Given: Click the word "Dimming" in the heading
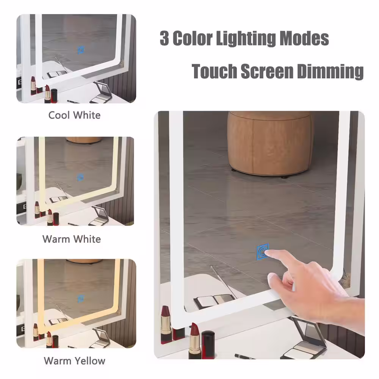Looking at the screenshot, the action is (x=330, y=71).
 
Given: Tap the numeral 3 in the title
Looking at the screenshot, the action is (x=164, y=38).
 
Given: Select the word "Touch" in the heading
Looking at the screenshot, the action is (x=215, y=71).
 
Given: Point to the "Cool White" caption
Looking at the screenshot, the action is (x=74, y=115).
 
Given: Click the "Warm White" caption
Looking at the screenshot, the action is (x=72, y=239).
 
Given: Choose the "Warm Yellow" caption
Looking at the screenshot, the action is (x=74, y=361).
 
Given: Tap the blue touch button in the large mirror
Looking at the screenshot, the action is (x=263, y=252).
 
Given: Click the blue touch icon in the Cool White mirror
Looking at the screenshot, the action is (x=81, y=50).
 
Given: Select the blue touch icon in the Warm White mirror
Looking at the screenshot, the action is (x=81, y=177).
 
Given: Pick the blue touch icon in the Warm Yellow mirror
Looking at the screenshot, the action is (x=81, y=299).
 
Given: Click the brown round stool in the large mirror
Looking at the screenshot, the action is (x=269, y=143).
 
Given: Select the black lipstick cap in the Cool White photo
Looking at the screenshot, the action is (x=54, y=96).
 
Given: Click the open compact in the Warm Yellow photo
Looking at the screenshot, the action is (x=100, y=338).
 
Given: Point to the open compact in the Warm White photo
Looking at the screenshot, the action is (x=100, y=216).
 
